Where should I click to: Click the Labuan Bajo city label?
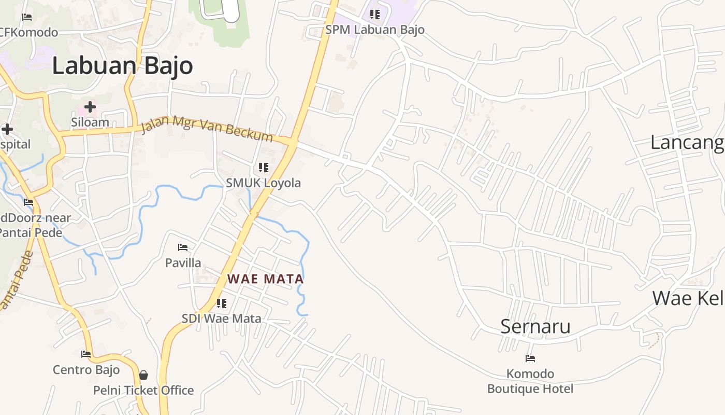(122, 66)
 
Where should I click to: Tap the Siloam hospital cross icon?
(90, 107)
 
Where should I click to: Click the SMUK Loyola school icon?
(264, 168)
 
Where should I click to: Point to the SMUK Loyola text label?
(263, 183)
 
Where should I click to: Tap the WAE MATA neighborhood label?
(265, 279)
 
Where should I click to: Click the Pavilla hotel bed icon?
(183, 247)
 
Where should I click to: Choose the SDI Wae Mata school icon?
(222, 303)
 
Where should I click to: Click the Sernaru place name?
(535, 326)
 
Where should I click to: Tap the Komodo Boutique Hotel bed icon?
(530, 358)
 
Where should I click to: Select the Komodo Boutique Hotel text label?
(530, 381)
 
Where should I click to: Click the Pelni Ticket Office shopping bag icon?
(143, 375)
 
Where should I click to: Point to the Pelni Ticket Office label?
(143, 391)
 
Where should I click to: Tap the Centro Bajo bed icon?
(86, 354)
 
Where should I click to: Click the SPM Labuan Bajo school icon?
(375, 15)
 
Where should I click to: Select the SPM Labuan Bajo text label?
(375, 30)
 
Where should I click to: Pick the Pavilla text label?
(183, 263)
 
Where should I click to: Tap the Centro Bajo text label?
(86, 370)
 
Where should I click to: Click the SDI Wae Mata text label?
(221, 319)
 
